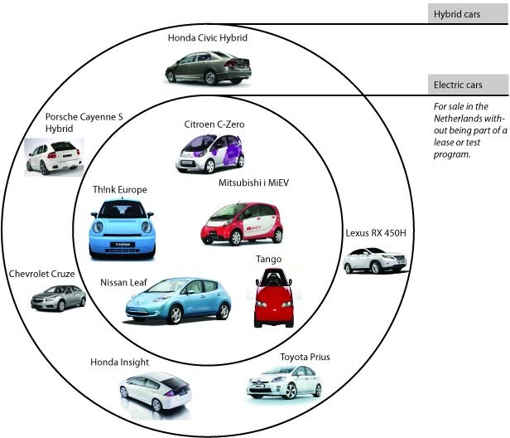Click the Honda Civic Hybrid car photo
click(x=208, y=68)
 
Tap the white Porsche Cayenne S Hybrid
click(x=54, y=157)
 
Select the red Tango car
click(x=274, y=298)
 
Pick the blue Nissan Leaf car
click(x=178, y=300)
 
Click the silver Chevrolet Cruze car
click(x=59, y=298)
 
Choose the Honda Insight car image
click(x=155, y=391)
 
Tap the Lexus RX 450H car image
click(x=375, y=260)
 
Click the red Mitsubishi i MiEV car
click(x=242, y=224)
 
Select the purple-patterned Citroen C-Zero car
click(x=210, y=153)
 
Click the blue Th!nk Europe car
click(x=123, y=230)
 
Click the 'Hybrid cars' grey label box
click(x=468, y=13)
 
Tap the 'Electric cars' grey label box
click(x=468, y=84)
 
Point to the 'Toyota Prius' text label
click(x=305, y=358)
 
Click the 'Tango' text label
click(x=268, y=259)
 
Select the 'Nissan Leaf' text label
click(x=123, y=282)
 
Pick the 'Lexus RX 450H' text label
click(x=376, y=233)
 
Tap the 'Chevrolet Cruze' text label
click(x=41, y=274)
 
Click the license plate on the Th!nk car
click(x=123, y=245)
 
